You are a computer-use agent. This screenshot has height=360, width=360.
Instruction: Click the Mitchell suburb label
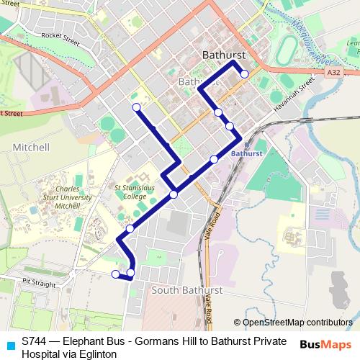pos(31,148)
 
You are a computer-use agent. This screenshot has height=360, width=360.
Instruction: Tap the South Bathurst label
pos(183,290)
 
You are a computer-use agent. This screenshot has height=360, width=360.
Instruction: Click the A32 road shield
pos(333,73)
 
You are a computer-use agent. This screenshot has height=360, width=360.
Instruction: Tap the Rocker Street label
pos(60,37)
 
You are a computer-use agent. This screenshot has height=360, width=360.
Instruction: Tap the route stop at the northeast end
pos(244,74)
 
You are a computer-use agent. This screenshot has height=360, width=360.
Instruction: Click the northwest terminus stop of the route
pos(136,108)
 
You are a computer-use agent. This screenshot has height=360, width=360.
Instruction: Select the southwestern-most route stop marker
pos(115,274)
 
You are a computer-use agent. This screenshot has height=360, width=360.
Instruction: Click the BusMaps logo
pos(325,345)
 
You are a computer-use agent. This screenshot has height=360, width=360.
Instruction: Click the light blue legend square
pos(9,343)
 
